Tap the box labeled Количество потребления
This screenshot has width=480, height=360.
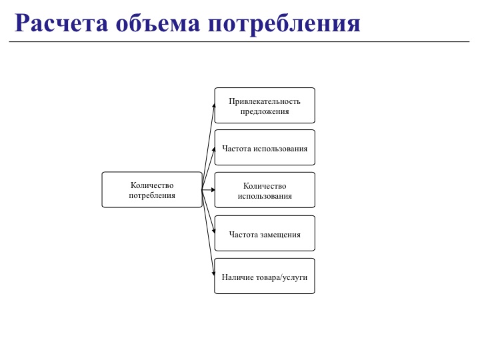pyautogui.click(x=152, y=190)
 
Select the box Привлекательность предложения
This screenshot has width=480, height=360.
pyautogui.click(x=265, y=105)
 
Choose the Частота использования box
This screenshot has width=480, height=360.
pyautogui.click(x=265, y=148)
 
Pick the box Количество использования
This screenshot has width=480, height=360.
pyautogui.click(x=265, y=190)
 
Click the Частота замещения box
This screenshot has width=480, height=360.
pyautogui.click(x=265, y=233)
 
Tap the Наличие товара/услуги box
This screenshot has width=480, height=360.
pyautogui.click(x=265, y=276)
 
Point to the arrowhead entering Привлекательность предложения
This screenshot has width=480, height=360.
pyautogui.click(x=213, y=105)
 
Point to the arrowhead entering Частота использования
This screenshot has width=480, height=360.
pyautogui.click(x=213, y=148)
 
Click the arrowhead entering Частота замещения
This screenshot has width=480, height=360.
pyautogui.click(x=213, y=232)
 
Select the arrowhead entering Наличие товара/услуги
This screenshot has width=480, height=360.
pyautogui.click(x=213, y=275)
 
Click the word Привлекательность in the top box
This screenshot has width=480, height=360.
pyautogui.click(x=265, y=101)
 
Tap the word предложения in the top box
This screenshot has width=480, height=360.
pyautogui.click(x=265, y=111)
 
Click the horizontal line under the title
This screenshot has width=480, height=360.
pyautogui.click(x=240, y=41)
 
